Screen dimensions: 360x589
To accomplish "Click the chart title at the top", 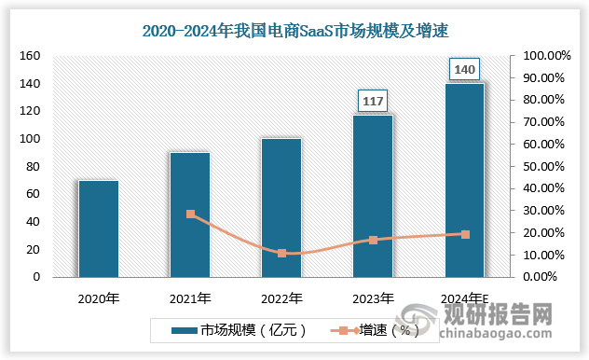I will coord(294,31).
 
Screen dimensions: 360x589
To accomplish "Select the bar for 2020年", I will coord(98,228).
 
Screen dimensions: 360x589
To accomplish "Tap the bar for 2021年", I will coord(189,215).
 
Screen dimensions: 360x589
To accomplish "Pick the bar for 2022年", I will coord(281,207).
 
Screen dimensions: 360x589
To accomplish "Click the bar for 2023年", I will coord(372,196).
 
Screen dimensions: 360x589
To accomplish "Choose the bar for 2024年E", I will coord(464,180).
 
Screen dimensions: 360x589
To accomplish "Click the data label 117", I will coord(373,100).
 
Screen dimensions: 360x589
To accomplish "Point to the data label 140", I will coord(464,69).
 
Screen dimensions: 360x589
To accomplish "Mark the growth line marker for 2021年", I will coord(190,215).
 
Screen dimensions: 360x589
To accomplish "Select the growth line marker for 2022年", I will coord(281,253).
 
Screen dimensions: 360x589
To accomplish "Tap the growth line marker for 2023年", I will coord(373,240).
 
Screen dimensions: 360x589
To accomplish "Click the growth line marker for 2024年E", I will coord(464,234).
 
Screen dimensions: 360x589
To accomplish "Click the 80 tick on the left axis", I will coord(34,167).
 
